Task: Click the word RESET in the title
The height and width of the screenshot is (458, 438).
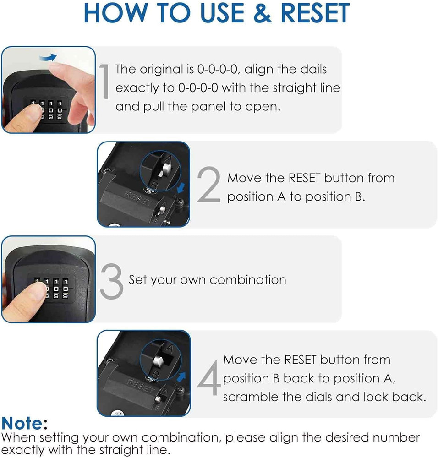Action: pyautogui.click(x=315, y=13)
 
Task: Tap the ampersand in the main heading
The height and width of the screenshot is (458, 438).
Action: pyautogui.click(x=260, y=13)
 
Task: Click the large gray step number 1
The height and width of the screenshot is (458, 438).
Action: pyautogui.click(x=104, y=82)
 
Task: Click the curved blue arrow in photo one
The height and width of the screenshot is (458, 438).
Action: pyautogui.click(x=48, y=57)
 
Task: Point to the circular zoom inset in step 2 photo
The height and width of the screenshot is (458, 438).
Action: pyautogui.click(x=158, y=170)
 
